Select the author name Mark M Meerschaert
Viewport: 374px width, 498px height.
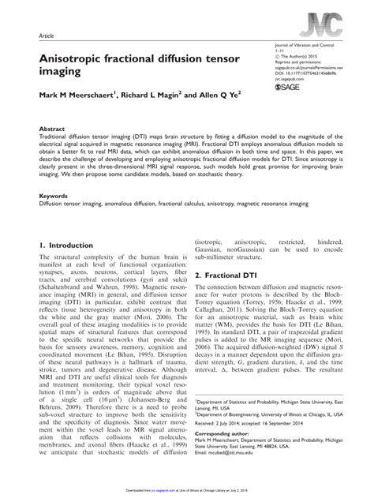(x=80, y=100)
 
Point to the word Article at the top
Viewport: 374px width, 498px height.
(x=47, y=37)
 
